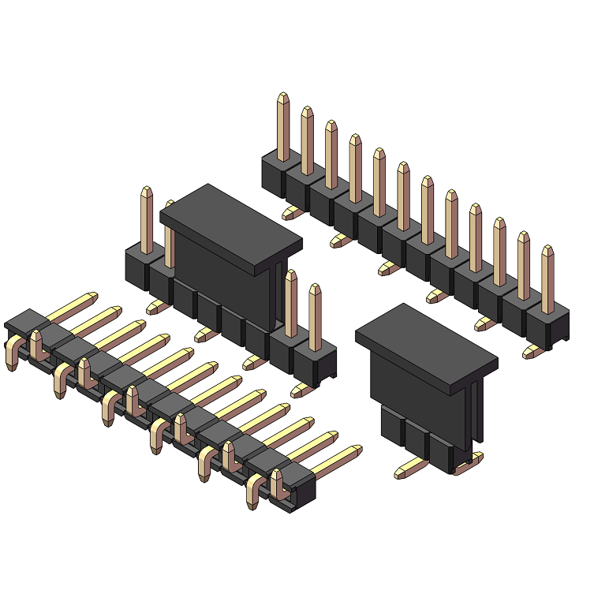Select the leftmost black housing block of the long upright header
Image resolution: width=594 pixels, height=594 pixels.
pos(273,175)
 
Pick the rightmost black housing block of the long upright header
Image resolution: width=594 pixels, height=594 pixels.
pos(547,325)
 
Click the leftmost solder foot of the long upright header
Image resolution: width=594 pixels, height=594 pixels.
pos(291,212)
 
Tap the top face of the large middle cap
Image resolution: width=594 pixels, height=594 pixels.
pos(231,224)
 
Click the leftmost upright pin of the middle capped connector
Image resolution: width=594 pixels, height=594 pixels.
pos(147,220)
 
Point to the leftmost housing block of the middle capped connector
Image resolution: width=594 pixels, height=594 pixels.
pos(137,266)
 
